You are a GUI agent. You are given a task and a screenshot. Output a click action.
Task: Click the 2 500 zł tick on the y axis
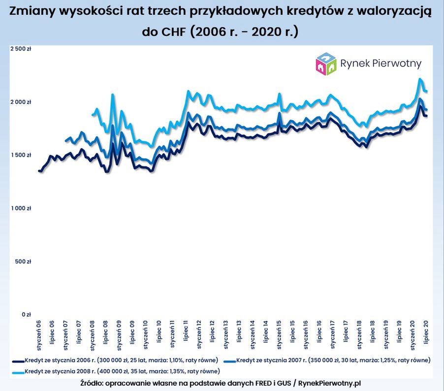[x=20, y=49]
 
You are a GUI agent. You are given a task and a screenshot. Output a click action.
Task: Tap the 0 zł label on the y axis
[x=26, y=314]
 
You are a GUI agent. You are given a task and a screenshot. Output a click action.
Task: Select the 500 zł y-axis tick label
[x=23, y=261]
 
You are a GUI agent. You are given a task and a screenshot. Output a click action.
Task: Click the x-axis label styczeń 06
[x=39, y=331]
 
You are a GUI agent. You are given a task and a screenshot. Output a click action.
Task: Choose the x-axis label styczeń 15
[x=279, y=331]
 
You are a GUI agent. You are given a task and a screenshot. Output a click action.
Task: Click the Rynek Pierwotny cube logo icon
[x=326, y=64]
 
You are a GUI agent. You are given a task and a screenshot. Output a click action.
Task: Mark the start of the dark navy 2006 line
[x=39, y=170]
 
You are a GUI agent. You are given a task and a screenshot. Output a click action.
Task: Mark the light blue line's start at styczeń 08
[x=93, y=115]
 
